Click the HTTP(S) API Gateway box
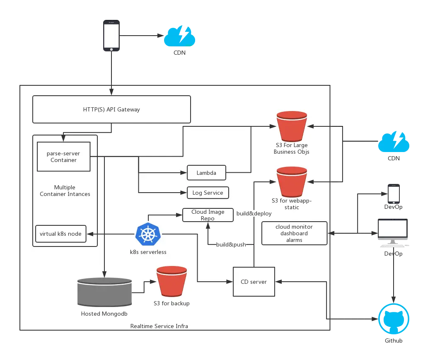coord(111,109)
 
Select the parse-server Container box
coord(63,157)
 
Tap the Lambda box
coord(206,173)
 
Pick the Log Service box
coord(208,193)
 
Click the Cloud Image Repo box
coord(208,215)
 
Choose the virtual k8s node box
coord(61,234)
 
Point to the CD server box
coord(254,282)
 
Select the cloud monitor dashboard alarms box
coord(294,233)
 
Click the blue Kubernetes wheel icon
coord(147,234)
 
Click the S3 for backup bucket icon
coord(171,282)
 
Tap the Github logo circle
coord(394,319)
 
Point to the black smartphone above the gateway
coord(111,37)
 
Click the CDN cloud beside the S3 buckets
coord(394,143)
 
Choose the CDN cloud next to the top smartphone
coord(179,37)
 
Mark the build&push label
coord(231,244)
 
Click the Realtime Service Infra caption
coord(159,326)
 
